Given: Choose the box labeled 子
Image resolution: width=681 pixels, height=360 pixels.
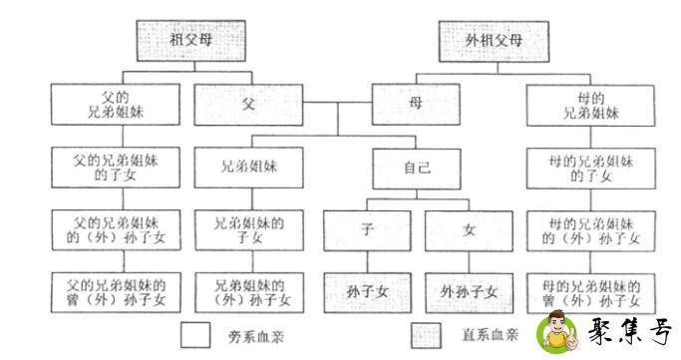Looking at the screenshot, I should point(366,230).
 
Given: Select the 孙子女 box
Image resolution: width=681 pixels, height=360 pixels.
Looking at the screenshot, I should point(366,291).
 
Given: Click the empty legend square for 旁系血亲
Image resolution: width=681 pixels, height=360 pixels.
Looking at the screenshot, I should point(195,332).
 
